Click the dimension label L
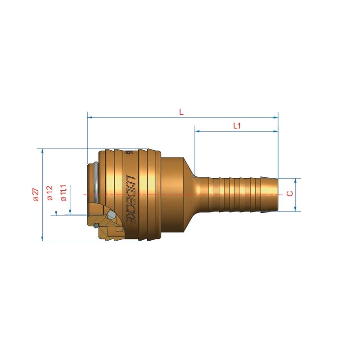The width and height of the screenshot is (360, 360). pos(181,112)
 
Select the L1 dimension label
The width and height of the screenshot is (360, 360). pos(237,126)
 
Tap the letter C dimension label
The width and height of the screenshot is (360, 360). pos(290,193)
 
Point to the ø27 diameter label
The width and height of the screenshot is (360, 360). pos(36,195)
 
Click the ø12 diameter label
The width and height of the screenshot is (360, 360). pos(50,193)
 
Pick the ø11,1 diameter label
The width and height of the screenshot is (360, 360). pos(63,193)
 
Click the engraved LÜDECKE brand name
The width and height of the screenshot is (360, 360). pos(130,199)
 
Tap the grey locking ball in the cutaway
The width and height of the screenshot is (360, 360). pos(111,215)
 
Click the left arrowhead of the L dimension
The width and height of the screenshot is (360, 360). pos(90,117)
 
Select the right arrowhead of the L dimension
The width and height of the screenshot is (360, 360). pos(275,117)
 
